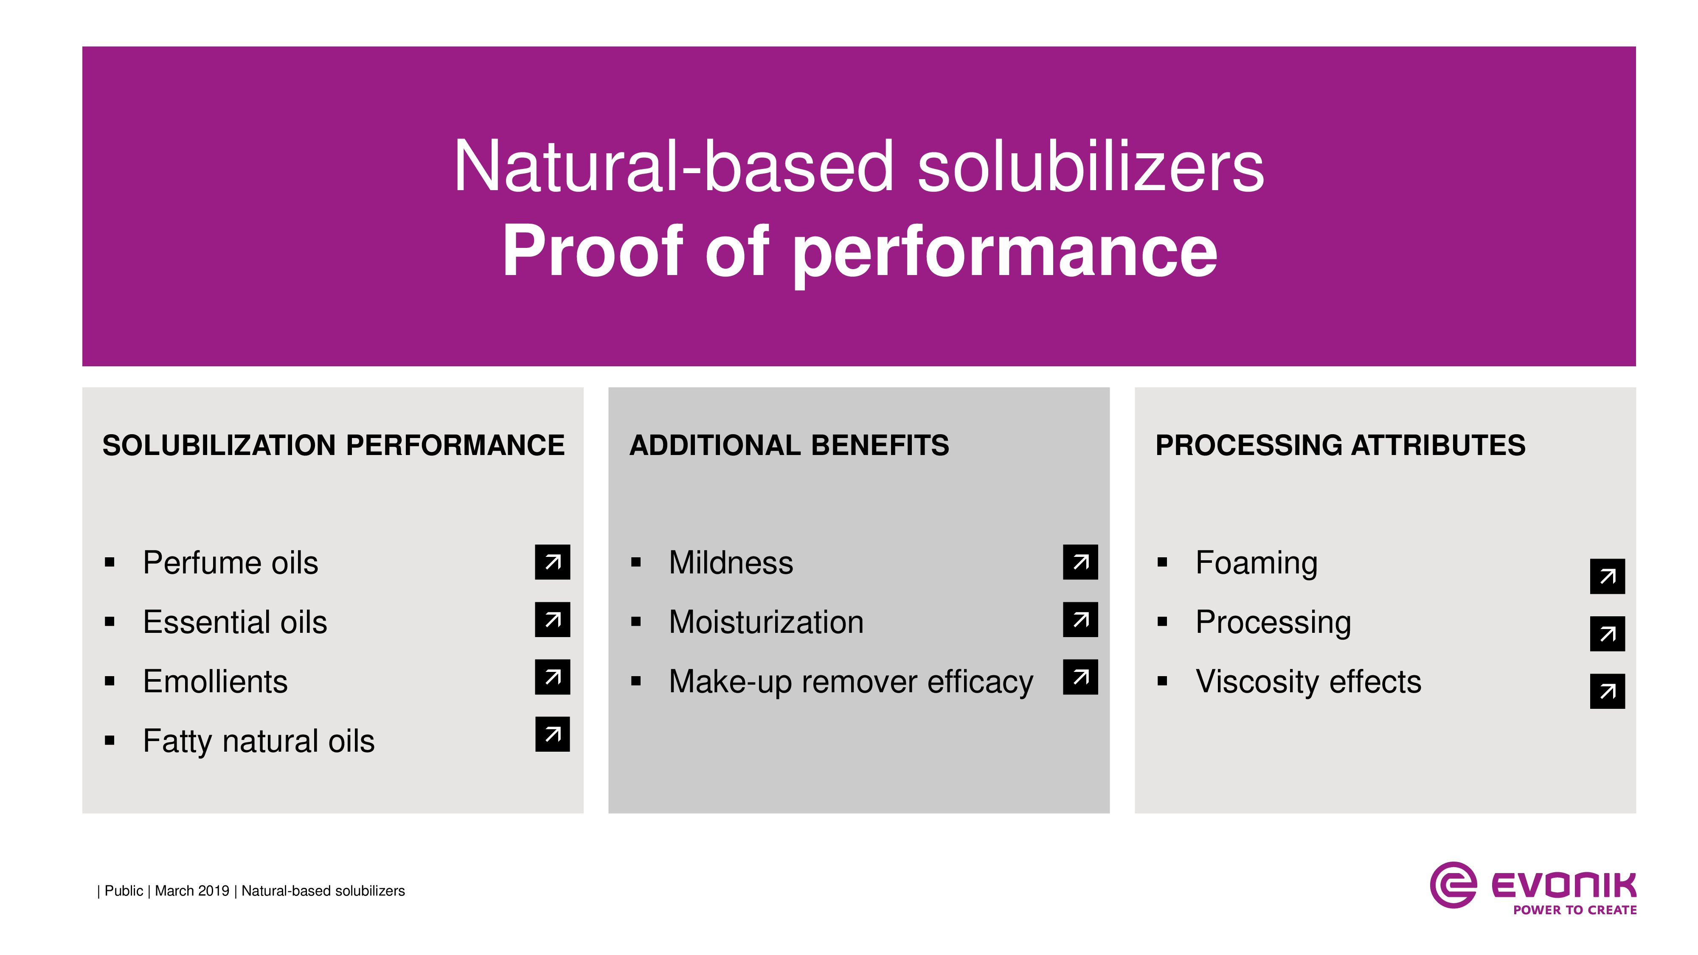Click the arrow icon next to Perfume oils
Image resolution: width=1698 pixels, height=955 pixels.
click(552, 562)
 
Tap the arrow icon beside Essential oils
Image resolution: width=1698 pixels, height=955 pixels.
click(552, 620)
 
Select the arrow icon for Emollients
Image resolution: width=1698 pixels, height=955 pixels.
click(552, 677)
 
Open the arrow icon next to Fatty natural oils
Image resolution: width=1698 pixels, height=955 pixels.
click(552, 734)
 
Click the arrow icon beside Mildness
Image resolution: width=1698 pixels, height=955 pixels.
click(1080, 562)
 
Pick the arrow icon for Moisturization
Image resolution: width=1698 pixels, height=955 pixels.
click(1080, 620)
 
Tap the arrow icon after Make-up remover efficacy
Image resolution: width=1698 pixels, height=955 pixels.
click(1080, 677)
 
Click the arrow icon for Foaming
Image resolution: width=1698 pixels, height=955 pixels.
click(1607, 577)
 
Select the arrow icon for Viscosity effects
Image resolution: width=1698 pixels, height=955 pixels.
click(1607, 691)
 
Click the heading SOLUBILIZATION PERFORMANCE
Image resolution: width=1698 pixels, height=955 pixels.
click(334, 446)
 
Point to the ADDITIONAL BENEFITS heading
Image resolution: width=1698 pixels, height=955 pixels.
click(789, 446)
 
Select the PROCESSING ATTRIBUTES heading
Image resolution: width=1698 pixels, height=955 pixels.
click(1340, 446)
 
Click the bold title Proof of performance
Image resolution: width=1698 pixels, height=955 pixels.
click(860, 252)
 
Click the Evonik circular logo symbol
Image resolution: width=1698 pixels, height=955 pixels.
click(1453, 885)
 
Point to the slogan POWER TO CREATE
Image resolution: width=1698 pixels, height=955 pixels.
click(1575, 910)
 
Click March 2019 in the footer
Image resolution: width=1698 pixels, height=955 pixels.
click(192, 891)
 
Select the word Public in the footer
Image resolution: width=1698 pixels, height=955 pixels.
click(124, 891)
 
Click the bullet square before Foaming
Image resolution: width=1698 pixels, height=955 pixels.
click(1162, 563)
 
